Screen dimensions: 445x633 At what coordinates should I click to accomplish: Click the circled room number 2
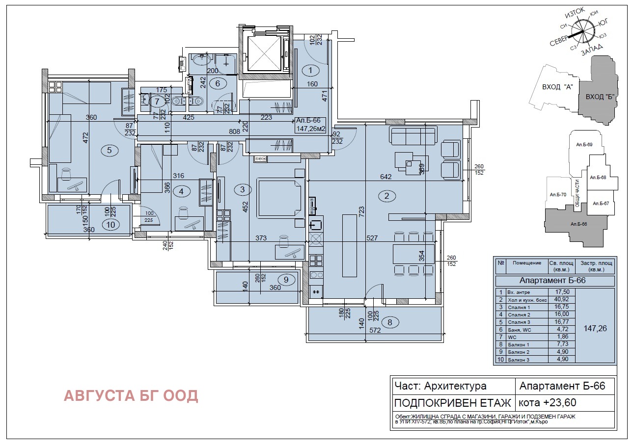[386, 196]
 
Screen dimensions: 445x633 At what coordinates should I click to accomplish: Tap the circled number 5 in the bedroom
[110, 151]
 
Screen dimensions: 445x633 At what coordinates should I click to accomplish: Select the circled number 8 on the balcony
[390, 322]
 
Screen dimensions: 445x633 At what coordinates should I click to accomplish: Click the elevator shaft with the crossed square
[262, 54]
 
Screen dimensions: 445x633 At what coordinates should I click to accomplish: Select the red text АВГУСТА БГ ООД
[131, 396]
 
